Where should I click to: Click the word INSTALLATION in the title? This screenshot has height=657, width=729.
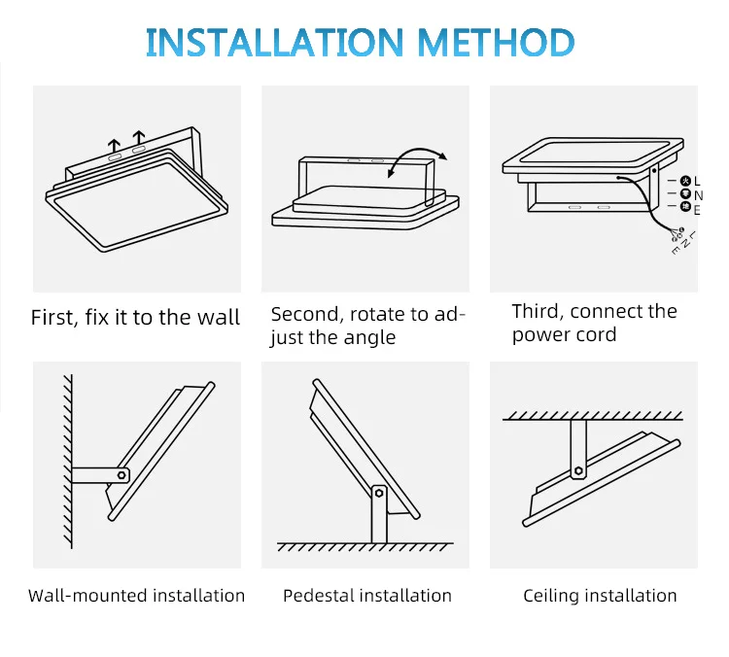click(274, 42)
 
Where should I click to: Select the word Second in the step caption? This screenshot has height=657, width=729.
click(303, 314)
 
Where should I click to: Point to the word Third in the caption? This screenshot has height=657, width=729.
click(538, 311)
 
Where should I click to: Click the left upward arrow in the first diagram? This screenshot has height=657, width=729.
click(115, 144)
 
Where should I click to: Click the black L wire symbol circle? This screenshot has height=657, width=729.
click(685, 181)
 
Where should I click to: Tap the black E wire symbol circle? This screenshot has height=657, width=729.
click(685, 208)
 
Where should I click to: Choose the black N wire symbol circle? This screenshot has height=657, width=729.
click(685, 194)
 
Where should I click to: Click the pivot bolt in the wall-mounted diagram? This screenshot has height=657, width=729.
click(122, 475)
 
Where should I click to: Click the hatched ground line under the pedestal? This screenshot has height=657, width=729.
click(365, 546)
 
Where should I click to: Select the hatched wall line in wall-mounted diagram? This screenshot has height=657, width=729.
click(66, 467)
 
